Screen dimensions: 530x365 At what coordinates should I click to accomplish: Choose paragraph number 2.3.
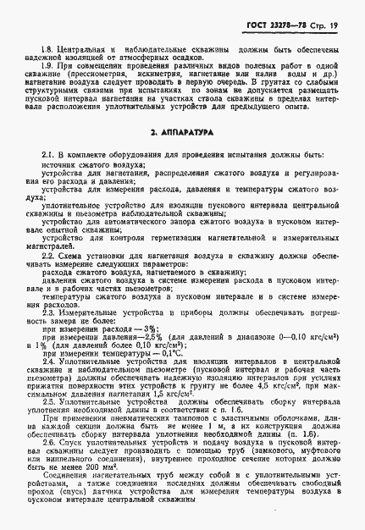point(47,312)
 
